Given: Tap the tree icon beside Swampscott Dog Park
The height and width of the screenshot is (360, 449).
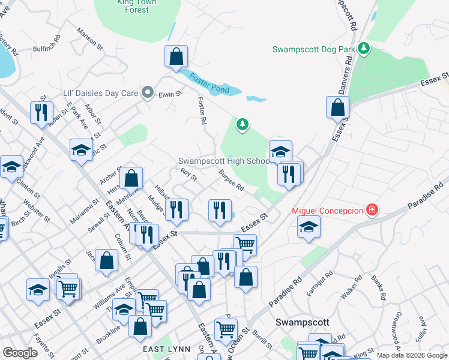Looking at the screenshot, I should (363, 47).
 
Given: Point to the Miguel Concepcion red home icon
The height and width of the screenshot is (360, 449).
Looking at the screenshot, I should (372, 210).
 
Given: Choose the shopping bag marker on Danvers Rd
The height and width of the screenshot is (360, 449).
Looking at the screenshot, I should (338, 108).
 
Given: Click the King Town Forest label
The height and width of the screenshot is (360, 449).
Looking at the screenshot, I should (136, 6).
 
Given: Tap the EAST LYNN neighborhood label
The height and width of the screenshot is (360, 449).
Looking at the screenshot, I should (166, 349).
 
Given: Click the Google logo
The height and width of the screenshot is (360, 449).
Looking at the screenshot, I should (20, 353).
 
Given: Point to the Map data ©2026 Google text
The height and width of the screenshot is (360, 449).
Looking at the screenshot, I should (411, 355).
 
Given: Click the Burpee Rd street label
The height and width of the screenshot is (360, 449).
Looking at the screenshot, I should (231, 179).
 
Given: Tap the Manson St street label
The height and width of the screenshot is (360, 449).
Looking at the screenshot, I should (91, 37).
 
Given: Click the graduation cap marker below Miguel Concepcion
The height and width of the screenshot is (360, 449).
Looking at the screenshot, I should (309, 227).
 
